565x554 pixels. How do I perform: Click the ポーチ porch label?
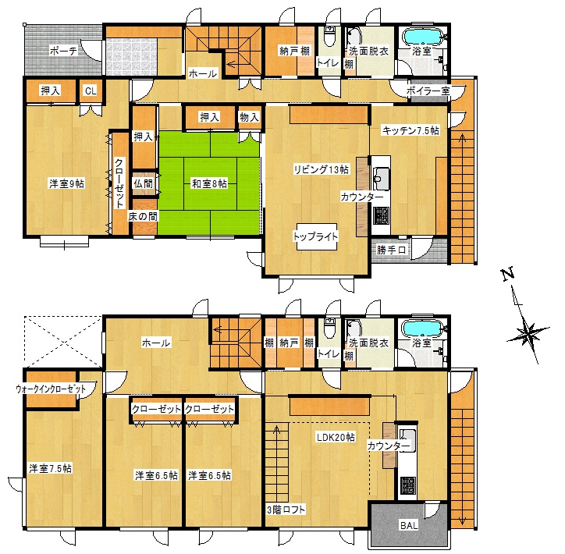pyautogui.click(x=63, y=51)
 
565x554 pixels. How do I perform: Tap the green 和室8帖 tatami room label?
pyautogui.click(x=209, y=183)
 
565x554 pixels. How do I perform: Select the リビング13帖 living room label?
pyautogui.click(x=321, y=169)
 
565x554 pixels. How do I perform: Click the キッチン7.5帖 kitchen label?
pyautogui.click(x=410, y=130)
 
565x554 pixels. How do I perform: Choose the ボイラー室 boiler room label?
pyautogui.click(x=428, y=91)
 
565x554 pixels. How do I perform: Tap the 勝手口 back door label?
pyautogui.click(x=391, y=250)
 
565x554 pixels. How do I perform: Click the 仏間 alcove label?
pyautogui.click(x=144, y=183)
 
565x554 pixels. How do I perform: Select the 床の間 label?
pyautogui.click(x=143, y=216)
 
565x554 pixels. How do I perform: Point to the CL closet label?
pyautogui.click(x=91, y=91)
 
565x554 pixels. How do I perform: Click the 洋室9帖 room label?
pyautogui.click(x=66, y=183)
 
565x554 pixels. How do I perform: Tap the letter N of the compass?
pyautogui.click(x=508, y=275)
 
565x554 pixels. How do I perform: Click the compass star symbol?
pyautogui.click(x=528, y=333)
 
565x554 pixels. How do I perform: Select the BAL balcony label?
pyautogui.click(x=409, y=526)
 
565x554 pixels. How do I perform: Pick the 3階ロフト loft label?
pyautogui.click(x=286, y=510)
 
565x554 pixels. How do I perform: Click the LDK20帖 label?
pyautogui.click(x=336, y=437)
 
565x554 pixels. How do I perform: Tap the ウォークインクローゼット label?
pyautogui.click(x=51, y=389)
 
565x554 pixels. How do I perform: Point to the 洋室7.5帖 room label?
pyautogui.click(x=51, y=468)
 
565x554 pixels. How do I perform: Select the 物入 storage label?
pyautogui.click(x=250, y=117)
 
